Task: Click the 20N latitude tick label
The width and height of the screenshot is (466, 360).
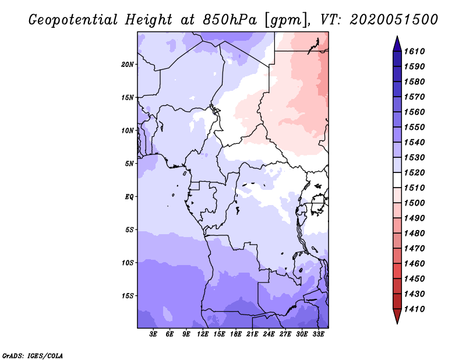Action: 128,64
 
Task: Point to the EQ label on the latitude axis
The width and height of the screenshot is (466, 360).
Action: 129,197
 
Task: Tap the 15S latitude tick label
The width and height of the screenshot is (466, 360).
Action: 128,296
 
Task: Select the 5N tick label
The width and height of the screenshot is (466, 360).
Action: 129,164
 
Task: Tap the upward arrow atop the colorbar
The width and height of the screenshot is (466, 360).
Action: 397,43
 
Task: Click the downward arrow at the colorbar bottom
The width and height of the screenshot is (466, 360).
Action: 397,316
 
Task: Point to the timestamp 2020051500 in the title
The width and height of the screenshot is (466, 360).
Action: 394,19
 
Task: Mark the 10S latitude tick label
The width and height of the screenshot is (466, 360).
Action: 128,263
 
